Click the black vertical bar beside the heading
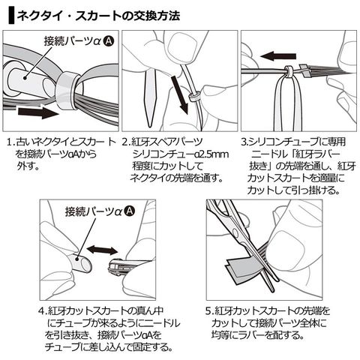(x=11, y=16)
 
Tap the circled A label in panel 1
(x=109, y=41)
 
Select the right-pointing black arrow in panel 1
(x=38, y=112)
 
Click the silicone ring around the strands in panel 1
(x=66, y=92)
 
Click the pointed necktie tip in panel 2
(x=150, y=98)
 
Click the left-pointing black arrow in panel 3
(x=278, y=56)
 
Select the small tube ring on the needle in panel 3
(x=288, y=72)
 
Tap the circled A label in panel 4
(x=130, y=211)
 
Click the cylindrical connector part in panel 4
(x=80, y=263)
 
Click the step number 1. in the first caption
(x=10, y=142)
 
